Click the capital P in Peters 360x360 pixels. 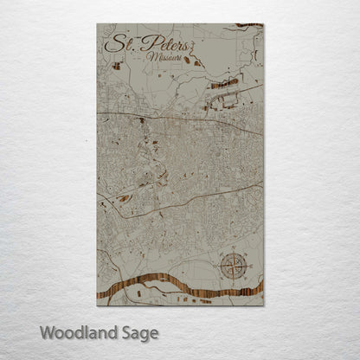click(145, 43)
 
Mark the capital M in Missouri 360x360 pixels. click(151, 57)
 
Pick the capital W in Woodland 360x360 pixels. click(47, 332)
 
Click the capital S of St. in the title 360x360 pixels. click(110, 43)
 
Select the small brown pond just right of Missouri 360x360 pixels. click(197, 61)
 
